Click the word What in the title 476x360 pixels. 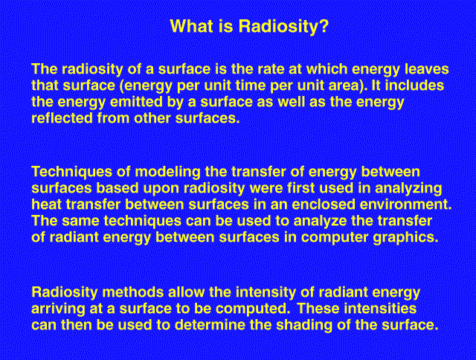(191, 26)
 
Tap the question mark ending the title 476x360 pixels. (324, 26)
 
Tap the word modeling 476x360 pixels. (167, 172)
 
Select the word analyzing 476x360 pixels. (408, 188)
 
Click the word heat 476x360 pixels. (46, 205)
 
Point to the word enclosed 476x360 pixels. (324, 205)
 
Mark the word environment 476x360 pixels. (406, 205)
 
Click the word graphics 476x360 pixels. (405, 238)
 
